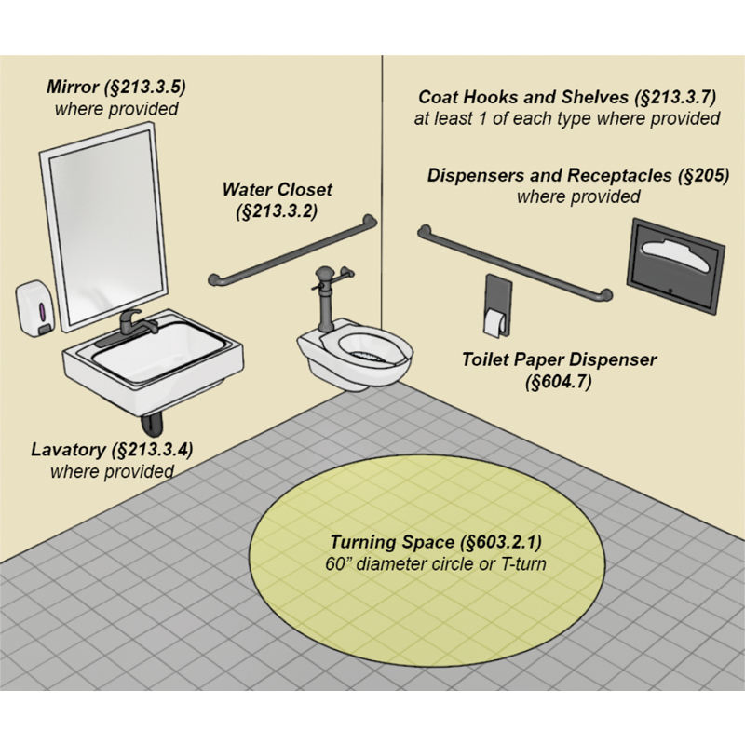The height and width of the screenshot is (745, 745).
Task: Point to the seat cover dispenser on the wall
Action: pos(677,264)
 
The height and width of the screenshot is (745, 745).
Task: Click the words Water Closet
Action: pos(277,190)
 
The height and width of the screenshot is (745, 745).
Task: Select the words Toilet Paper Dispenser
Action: pos(560,359)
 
